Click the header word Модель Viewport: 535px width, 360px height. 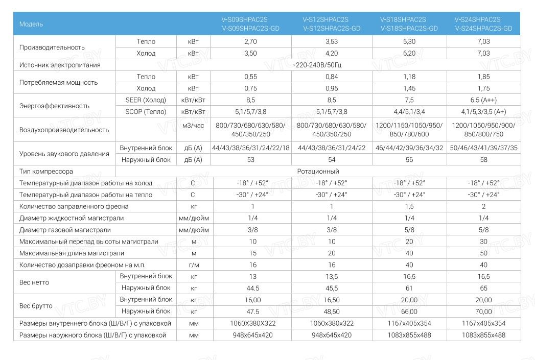click(31, 24)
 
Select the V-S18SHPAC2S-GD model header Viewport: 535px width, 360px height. click(409, 29)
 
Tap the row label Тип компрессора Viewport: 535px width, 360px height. click(46, 172)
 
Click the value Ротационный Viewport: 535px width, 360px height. click(318, 172)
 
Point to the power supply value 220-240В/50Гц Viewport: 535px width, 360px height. click(318, 65)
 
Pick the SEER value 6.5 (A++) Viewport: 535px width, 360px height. click(484, 100)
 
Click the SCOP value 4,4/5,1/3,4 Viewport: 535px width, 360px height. click(409, 112)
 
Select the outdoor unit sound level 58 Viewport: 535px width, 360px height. click(484, 160)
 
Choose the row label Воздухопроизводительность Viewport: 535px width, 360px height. click(64, 130)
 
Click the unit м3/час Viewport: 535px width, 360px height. click(193, 125)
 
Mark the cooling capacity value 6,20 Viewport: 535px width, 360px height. click(409, 53)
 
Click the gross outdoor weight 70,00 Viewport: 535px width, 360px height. click(484, 311)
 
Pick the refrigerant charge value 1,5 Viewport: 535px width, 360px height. click(409, 206)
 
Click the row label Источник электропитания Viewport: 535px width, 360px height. click(60, 65)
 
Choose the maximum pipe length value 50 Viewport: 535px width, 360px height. click(484, 253)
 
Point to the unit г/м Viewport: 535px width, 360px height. click(193, 265)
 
